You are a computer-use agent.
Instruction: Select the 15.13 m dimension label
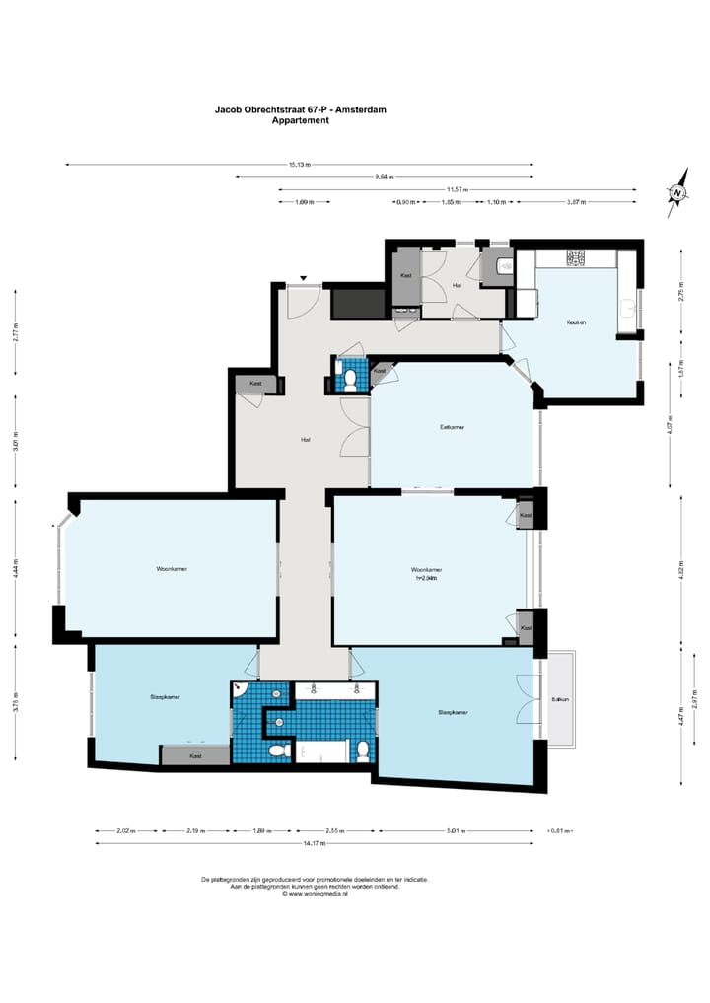[x=300, y=165]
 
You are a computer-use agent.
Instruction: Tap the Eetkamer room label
[x=453, y=428]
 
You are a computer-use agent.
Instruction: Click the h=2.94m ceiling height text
[x=426, y=580]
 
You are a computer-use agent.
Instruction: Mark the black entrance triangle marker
[x=304, y=277]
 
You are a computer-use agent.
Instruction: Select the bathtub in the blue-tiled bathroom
[x=323, y=753]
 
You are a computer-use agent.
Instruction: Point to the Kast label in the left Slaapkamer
[x=195, y=755]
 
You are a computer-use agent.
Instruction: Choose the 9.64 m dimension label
[x=384, y=178]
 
